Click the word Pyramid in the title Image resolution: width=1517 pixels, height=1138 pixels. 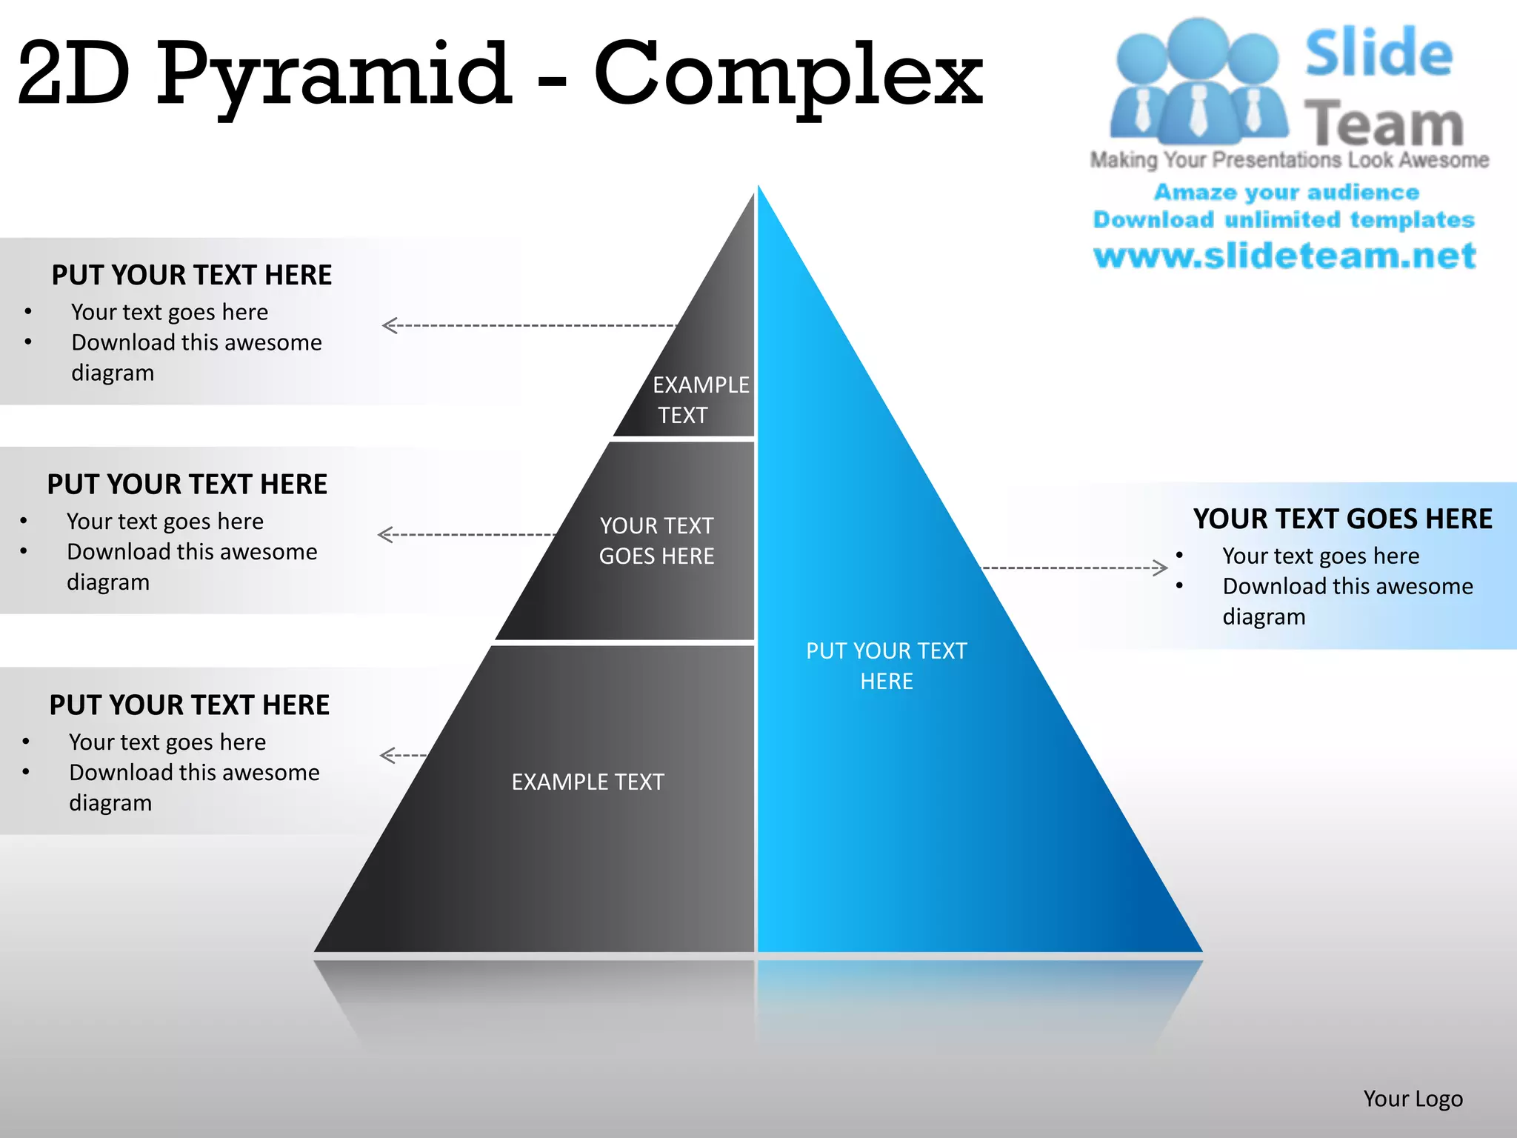click(x=333, y=74)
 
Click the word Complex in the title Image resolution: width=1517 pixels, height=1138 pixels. click(x=788, y=74)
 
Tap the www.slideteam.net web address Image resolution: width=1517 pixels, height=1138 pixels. click(x=1285, y=256)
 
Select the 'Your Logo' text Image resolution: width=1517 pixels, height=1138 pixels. click(x=1413, y=1099)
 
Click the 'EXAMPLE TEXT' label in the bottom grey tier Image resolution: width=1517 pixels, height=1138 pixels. click(x=587, y=782)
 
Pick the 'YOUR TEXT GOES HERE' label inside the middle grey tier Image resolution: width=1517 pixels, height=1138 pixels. click(x=656, y=541)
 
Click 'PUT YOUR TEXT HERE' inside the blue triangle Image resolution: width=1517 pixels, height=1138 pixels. click(x=887, y=665)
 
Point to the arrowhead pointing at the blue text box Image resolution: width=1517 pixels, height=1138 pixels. click(x=1161, y=568)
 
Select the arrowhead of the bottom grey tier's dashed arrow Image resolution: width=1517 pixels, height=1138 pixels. click(x=387, y=755)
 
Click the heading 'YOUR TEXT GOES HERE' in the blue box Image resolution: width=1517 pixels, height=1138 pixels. click(x=1342, y=519)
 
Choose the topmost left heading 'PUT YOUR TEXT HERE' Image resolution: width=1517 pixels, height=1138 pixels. click(x=191, y=275)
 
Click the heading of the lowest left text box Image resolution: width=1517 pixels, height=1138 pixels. click(x=189, y=705)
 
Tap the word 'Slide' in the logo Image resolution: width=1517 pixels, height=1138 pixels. click(x=1378, y=53)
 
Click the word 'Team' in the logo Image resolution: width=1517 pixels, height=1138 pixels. click(x=1384, y=124)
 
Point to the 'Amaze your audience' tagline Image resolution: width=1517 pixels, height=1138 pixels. click(x=1287, y=192)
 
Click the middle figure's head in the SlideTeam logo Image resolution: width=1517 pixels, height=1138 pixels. click(x=1198, y=46)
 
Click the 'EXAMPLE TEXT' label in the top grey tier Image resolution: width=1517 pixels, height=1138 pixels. click(x=700, y=400)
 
